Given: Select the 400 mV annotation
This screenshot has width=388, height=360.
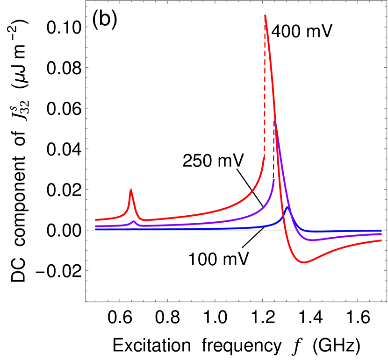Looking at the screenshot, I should pos(302,32).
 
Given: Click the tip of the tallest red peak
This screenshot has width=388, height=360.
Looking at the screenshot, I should pos(265,15).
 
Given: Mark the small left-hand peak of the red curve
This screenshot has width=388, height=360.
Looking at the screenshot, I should pos(131,189).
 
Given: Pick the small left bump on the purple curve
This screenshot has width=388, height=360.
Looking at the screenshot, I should pos(134,221).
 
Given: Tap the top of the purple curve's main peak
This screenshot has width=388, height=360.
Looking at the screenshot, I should pos(275,122).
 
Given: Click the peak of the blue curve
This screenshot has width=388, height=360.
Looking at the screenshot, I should pos(287,207).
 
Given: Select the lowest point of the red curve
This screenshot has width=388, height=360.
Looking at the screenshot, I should pos(304,262).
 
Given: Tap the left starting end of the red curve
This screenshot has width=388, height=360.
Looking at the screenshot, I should pos(96,219).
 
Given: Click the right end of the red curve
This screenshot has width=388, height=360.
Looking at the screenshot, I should pos(382,240).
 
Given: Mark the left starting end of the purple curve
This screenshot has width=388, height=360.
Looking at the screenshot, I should pos(96,226).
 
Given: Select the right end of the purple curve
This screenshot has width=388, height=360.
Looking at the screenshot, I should pos(382,233).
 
